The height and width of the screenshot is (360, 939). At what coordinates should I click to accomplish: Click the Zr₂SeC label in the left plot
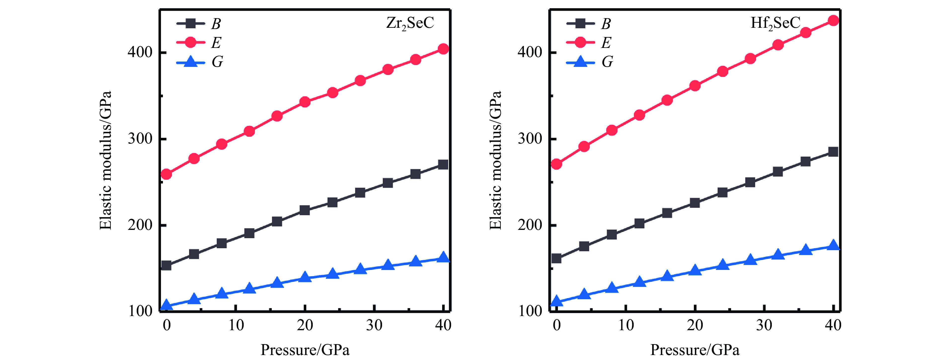point(410,23)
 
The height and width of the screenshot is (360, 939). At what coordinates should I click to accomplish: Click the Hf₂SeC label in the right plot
point(775,23)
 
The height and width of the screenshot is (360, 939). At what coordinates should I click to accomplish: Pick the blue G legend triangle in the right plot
point(580,62)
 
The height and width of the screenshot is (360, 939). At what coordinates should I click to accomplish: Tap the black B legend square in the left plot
point(190,24)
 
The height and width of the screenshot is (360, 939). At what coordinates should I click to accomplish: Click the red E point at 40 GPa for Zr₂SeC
point(443,49)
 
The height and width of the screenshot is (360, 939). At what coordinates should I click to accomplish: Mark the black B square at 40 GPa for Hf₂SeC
point(833,152)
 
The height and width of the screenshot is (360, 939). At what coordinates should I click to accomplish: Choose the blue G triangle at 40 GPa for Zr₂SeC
point(443,257)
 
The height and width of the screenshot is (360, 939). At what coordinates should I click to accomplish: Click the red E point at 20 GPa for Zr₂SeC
point(305,102)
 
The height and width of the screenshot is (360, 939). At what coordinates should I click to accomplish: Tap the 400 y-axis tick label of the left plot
point(140,52)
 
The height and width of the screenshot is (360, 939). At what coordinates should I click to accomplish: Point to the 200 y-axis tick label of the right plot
point(530,225)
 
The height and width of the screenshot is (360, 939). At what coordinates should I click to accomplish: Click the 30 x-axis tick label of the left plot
point(374,325)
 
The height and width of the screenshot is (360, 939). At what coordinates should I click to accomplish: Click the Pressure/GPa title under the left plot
point(305,350)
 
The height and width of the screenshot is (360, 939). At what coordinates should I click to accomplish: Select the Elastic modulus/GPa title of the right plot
point(495,160)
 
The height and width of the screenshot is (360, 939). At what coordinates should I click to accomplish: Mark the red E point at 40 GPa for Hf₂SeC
point(833,20)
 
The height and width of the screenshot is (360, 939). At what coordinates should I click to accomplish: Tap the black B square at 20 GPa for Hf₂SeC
point(695,203)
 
